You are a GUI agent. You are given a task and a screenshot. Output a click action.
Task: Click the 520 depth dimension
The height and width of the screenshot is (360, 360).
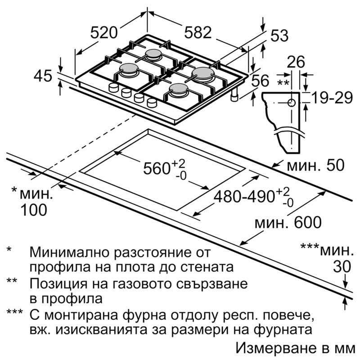click(104, 32)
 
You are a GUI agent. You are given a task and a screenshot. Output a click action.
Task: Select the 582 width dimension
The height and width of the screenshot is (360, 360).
click(198, 32)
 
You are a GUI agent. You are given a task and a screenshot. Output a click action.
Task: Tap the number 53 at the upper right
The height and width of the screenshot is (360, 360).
click(279, 36)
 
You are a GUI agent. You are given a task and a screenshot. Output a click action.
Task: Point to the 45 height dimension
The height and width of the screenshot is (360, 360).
click(43, 76)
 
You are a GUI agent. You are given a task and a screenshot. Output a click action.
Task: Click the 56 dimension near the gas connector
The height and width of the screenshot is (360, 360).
click(261, 81)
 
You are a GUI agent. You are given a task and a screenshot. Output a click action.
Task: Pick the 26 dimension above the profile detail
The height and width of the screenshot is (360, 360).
click(296, 62)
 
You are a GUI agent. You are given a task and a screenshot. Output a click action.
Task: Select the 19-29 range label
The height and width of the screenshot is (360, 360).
click(332, 98)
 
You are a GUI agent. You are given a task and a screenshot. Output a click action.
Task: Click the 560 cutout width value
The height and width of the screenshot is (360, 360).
click(164, 168)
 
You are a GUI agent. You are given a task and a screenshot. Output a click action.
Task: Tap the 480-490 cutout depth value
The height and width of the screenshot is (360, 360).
click(254, 197)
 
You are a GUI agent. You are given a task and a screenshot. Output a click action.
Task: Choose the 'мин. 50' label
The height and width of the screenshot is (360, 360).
click(316, 165)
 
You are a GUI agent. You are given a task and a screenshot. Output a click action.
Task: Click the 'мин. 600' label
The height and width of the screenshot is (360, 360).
click(288, 222)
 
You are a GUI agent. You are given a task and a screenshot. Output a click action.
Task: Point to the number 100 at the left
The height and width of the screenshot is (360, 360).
click(34, 210)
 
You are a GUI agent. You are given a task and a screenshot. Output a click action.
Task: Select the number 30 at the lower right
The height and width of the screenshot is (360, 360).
click(342, 266)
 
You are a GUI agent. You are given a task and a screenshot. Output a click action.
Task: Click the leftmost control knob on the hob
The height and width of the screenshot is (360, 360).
click(113, 87)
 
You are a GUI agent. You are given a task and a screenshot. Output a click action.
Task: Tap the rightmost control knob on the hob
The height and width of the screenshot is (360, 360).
click(151, 103)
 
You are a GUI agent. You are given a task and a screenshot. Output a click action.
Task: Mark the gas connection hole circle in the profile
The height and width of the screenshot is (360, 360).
click(292, 103)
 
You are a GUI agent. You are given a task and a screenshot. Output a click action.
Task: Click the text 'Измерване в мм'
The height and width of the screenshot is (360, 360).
click(296, 348)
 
